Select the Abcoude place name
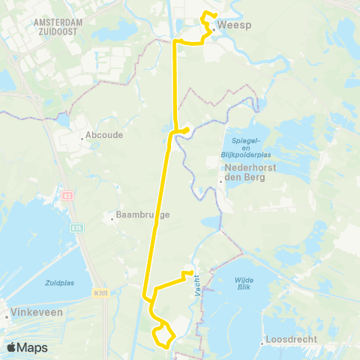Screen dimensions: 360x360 tap(103, 135)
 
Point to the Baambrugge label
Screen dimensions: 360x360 tap(143, 215)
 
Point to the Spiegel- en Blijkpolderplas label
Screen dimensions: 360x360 tap(244, 146)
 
